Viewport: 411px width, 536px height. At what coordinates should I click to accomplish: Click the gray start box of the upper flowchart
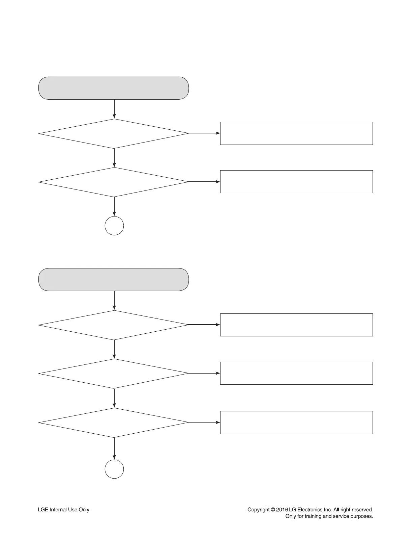114,88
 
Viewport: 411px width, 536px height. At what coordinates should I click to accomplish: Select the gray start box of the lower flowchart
114,280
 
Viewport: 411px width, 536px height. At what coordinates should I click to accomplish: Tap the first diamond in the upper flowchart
114,134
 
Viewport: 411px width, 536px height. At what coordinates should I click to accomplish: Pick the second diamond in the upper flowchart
114,182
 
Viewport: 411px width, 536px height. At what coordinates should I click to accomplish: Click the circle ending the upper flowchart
114,226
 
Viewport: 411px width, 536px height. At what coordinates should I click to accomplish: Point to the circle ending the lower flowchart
114,469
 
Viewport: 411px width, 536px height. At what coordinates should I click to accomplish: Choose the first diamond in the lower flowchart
114,325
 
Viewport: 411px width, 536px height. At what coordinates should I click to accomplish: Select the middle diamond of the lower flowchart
114,374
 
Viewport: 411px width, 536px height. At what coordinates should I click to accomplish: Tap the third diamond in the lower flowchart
114,423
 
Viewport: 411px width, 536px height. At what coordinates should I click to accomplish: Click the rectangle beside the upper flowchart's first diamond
296,133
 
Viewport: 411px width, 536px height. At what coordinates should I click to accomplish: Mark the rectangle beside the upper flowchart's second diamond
296,182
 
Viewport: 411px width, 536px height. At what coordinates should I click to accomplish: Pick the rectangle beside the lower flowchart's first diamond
296,325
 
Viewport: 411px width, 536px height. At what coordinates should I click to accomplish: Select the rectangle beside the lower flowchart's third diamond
296,423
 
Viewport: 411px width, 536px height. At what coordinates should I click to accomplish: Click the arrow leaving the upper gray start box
114,109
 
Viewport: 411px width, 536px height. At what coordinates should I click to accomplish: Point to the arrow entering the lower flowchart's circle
114,449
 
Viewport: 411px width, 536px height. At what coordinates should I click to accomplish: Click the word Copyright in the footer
258,510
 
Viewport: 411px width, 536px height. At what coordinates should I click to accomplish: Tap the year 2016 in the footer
282,510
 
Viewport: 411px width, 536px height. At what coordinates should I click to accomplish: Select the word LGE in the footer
43,510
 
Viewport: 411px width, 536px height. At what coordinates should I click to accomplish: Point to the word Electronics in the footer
310,510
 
